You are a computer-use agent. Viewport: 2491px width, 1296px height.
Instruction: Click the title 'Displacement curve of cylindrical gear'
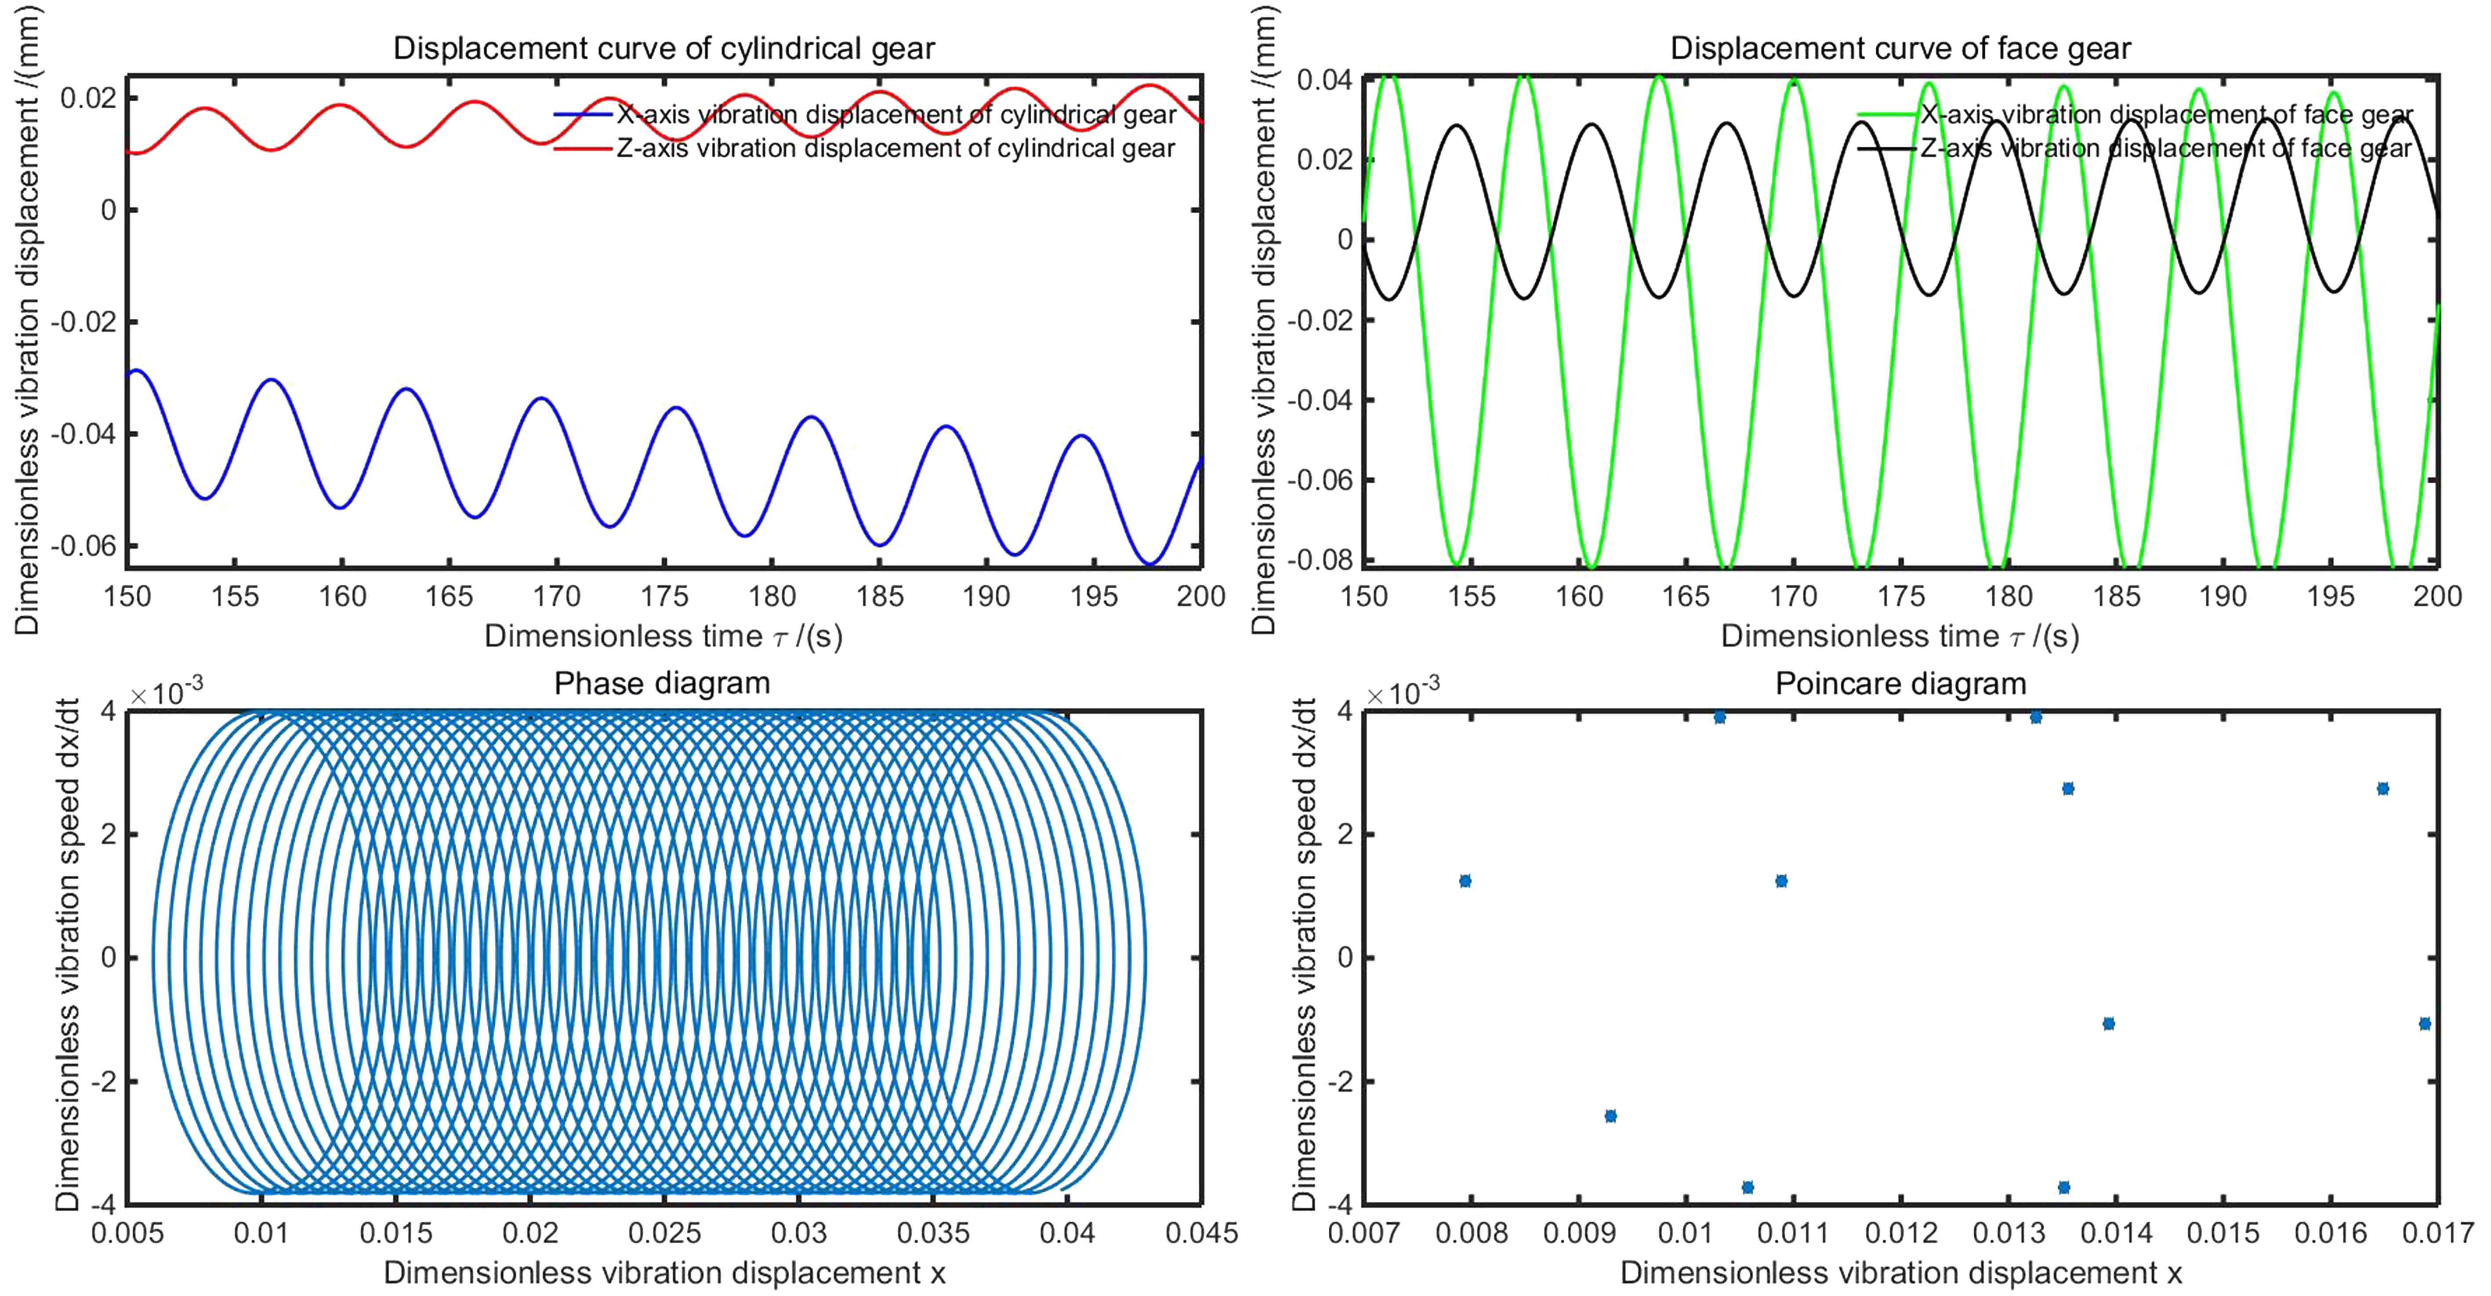click(664, 48)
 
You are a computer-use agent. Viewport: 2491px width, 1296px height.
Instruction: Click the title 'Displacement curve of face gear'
click(1900, 48)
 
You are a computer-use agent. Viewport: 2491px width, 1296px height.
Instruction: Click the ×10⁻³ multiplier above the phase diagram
click(167, 692)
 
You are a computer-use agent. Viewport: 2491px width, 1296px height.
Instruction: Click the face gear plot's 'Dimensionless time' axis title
click(1900, 637)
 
